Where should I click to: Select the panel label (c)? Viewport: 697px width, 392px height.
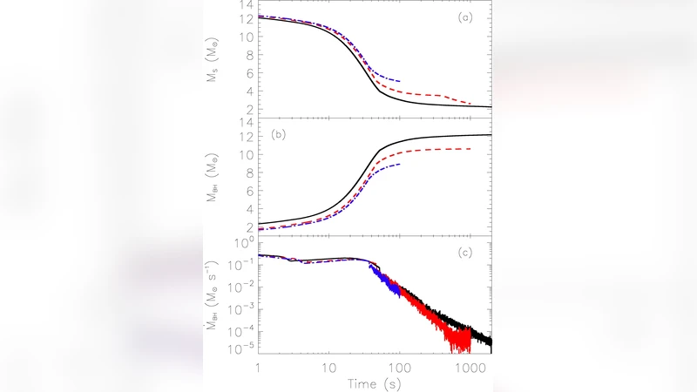point(475,253)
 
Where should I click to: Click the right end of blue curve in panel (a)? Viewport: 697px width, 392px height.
point(399,81)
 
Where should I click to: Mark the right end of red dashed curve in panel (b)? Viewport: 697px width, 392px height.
point(470,149)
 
